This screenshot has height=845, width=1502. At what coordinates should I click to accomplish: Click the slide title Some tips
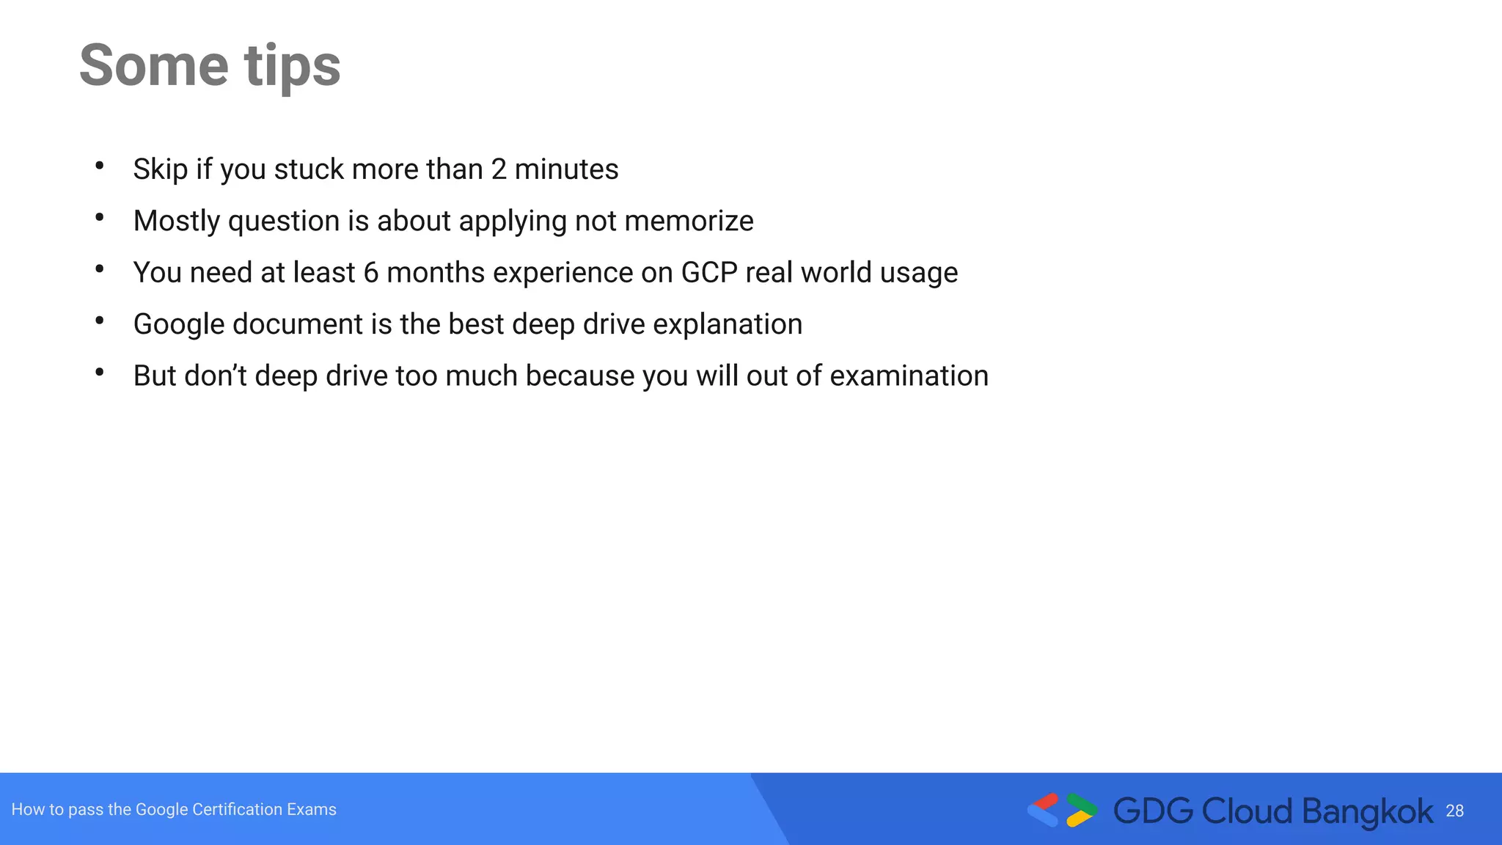210,66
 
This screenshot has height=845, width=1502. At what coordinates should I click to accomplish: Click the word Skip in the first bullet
160,169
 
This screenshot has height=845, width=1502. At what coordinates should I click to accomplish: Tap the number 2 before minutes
499,169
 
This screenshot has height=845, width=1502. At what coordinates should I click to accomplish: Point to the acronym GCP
708,273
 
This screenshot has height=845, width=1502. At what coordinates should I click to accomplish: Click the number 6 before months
371,273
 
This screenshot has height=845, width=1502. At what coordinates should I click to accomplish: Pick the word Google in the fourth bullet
178,324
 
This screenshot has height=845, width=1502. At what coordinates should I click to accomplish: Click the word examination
909,376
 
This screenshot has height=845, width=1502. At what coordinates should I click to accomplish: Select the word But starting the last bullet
154,376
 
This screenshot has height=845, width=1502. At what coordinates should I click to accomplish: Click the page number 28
1454,811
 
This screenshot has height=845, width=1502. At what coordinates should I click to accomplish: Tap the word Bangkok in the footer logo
1367,811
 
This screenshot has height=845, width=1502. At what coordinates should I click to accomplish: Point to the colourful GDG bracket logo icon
1062,810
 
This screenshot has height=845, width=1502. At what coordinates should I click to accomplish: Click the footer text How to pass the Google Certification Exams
174,809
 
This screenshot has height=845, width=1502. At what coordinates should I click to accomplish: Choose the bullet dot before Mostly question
100,217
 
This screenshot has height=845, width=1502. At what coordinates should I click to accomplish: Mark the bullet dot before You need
100,269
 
